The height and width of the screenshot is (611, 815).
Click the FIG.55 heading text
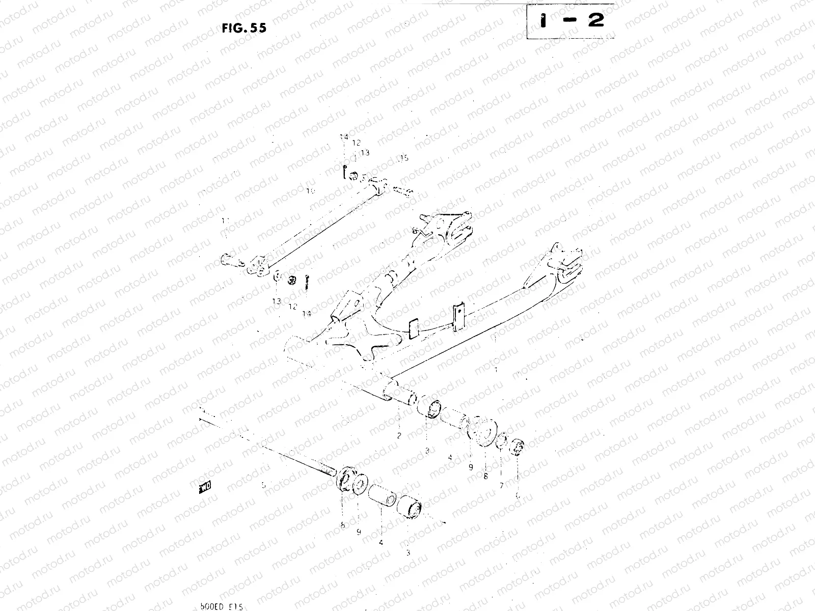[244, 27]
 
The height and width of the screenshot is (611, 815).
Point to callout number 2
[399, 435]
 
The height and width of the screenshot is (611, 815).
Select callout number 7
[501, 486]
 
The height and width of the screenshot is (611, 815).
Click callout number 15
[403, 158]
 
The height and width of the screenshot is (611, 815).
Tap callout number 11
[226, 221]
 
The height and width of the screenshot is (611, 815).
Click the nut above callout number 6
[517, 447]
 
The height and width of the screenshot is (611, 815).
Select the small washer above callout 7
[502, 440]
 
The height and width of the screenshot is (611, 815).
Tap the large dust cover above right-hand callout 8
[481, 432]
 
